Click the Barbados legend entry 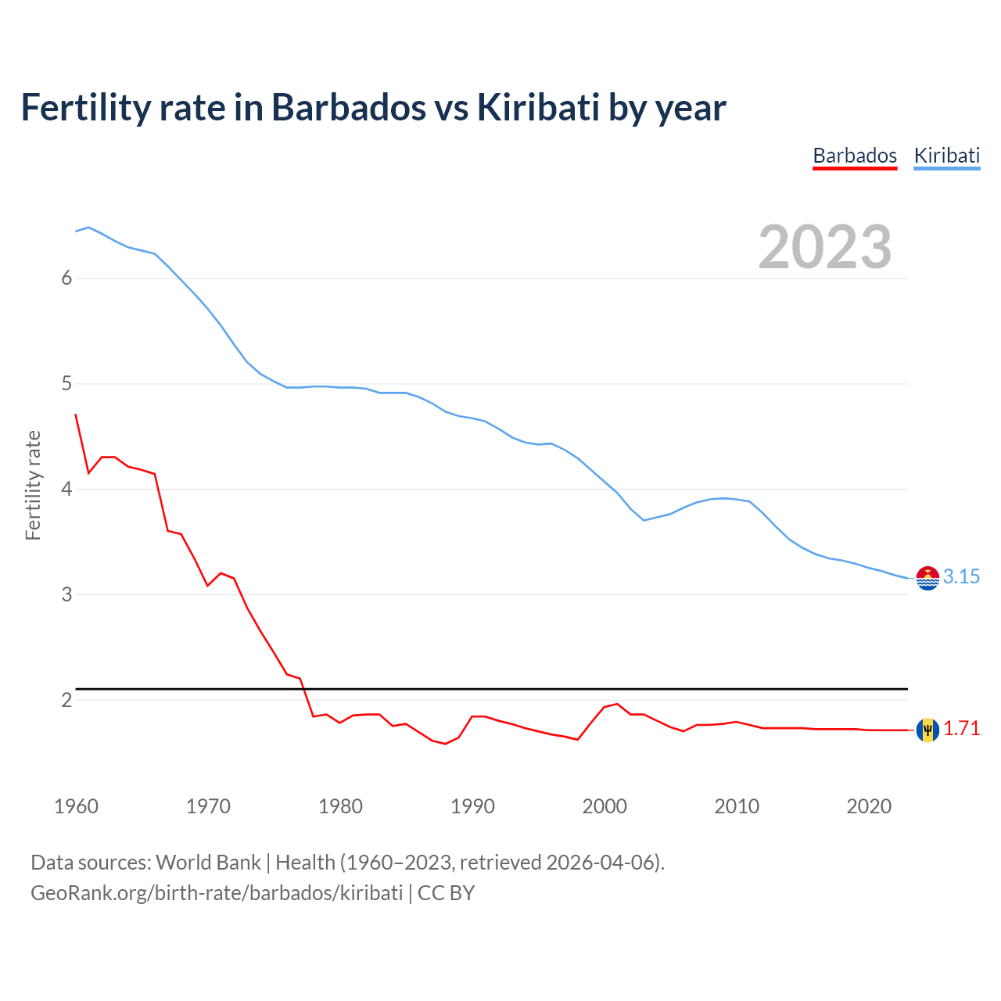coord(855,156)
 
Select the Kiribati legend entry coord(946,156)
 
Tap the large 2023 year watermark coord(824,247)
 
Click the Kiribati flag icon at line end coord(927,578)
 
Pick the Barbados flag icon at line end coord(927,730)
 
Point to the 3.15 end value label coord(961,577)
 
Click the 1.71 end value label coord(961,729)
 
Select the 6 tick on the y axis coord(67,278)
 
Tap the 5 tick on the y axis coord(67,384)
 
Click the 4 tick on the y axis coord(67,490)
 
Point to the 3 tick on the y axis coord(67,594)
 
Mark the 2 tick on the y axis coord(67,700)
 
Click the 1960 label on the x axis coord(76,806)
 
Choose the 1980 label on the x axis coord(340,806)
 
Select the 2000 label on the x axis coord(605,806)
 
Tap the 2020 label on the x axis coord(869,806)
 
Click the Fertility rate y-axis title coord(33,485)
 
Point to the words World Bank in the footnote coord(208,863)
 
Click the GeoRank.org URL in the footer coord(217,893)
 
